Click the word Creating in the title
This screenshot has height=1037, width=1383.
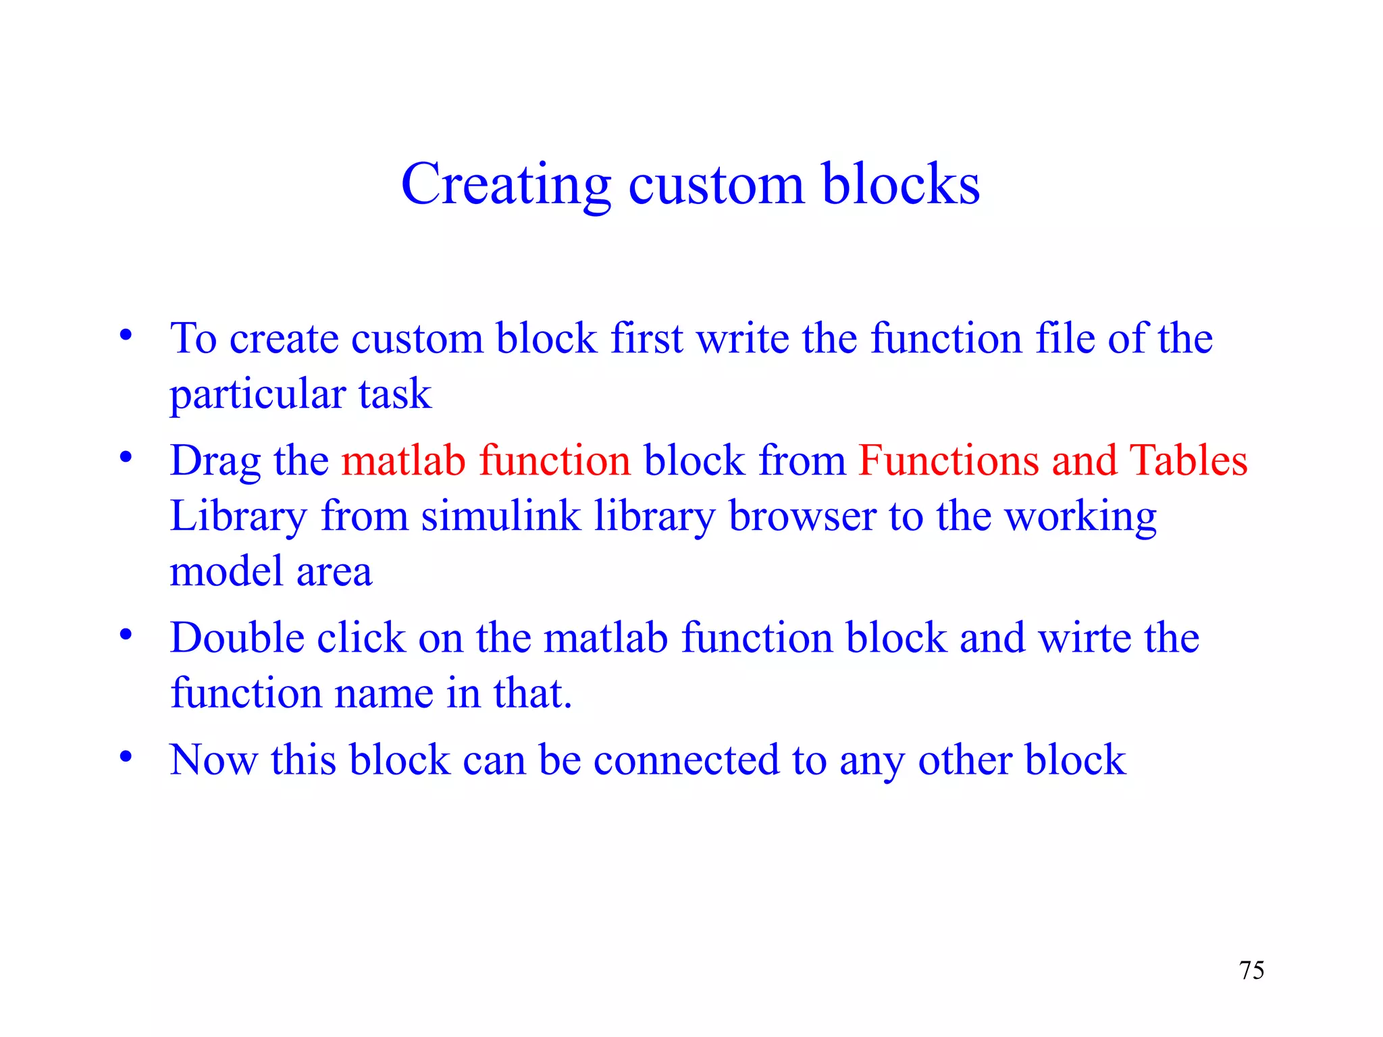pos(506,185)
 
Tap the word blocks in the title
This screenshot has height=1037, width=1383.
pos(901,184)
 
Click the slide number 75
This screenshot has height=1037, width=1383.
pos(1251,971)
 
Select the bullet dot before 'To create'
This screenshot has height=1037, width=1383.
pos(126,336)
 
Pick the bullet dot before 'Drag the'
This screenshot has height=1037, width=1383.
pos(126,458)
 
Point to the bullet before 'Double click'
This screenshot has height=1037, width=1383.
pos(126,635)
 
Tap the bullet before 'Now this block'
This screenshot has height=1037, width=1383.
pos(126,757)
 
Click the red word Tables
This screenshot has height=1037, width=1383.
pos(1189,461)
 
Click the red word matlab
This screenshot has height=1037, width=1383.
pos(403,461)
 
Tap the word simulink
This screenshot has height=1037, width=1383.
pos(500,516)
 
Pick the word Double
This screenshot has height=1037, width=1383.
pos(237,638)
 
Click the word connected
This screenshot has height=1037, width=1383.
pos(686,760)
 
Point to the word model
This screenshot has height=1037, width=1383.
pos(226,572)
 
